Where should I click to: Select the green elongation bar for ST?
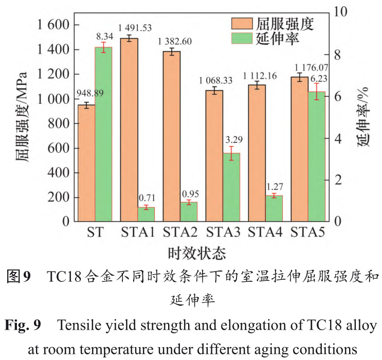pyautogui.click(x=103, y=134)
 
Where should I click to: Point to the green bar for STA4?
pyautogui.click(x=275, y=208)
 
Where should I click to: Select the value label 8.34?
pyautogui.click(x=105, y=37)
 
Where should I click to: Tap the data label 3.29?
pyautogui.click(x=231, y=139)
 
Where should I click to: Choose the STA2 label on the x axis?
pyautogui.click(x=180, y=232)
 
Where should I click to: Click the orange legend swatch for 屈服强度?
pyautogui.click(x=242, y=24)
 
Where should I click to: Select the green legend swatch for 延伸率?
pyautogui.click(x=242, y=39)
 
